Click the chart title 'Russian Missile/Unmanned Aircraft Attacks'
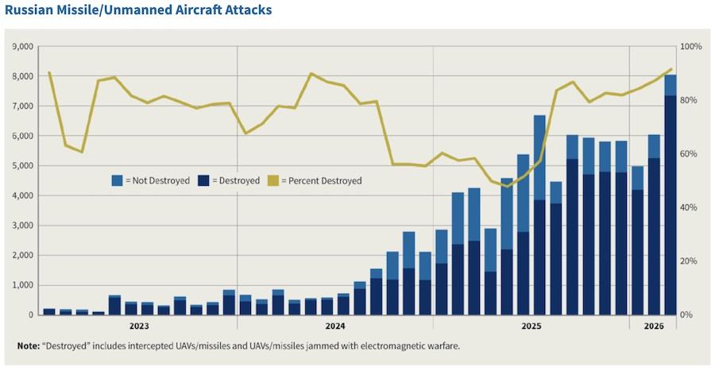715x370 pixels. pos(138,10)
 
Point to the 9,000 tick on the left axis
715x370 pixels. pos(24,47)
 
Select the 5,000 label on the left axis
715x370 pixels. pos(24,166)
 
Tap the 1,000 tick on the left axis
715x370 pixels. pos(24,285)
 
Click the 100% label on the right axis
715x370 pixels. pos(691,47)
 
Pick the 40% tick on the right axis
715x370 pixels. pos(690,207)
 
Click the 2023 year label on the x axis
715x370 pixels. pos(139,326)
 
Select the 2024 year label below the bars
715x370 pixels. pos(335,326)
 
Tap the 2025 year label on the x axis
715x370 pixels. pos(531,326)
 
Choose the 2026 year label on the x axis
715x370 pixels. pos(654,326)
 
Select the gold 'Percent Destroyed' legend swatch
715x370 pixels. pos(272,181)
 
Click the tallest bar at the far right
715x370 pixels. pos(671,195)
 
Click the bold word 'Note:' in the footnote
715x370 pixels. pos(29,346)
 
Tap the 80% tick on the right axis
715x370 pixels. pos(690,100)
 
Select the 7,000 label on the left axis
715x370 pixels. pos(24,106)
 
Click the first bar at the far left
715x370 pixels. pos(49,312)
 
